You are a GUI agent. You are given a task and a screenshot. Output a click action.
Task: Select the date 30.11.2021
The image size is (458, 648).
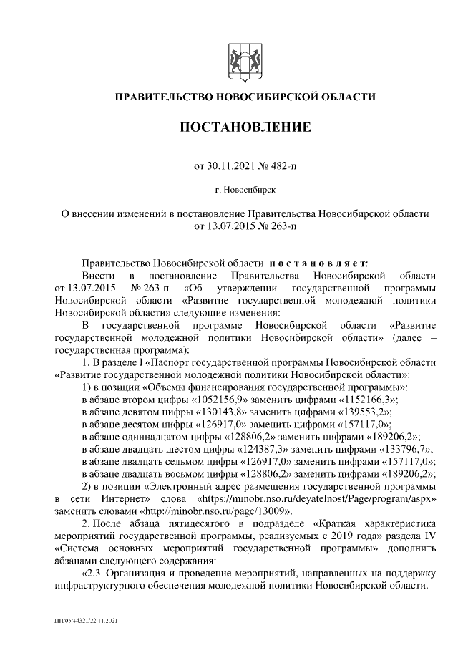(230, 166)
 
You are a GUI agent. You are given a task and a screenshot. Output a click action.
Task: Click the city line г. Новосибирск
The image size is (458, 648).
(244, 190)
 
